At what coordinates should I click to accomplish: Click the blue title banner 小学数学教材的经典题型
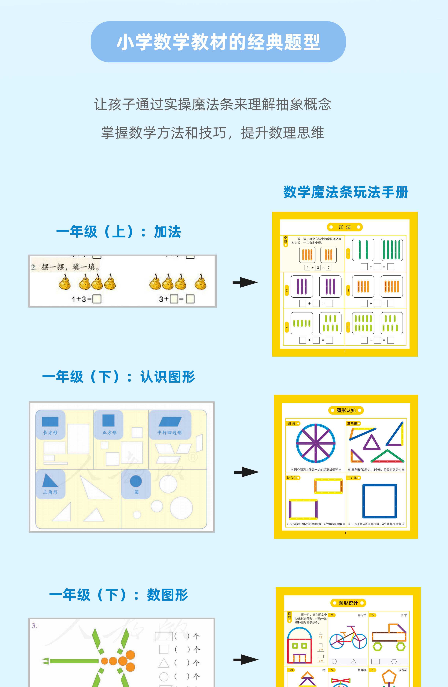pos(218,42)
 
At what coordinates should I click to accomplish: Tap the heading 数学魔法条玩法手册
pos(346,192)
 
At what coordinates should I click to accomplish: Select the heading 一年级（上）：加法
pos(119,232)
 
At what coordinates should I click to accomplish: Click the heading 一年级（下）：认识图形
pos(119,377)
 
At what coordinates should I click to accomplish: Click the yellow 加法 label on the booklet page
pos(345,227)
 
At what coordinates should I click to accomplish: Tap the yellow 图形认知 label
pos(346,410)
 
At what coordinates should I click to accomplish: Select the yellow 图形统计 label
pos(348,603)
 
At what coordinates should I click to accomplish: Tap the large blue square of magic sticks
pos(380,501)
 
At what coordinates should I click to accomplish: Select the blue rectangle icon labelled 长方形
pos(50,422)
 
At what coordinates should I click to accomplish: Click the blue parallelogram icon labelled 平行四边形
pos(170,422)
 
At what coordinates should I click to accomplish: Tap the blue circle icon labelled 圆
pos(136,481)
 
